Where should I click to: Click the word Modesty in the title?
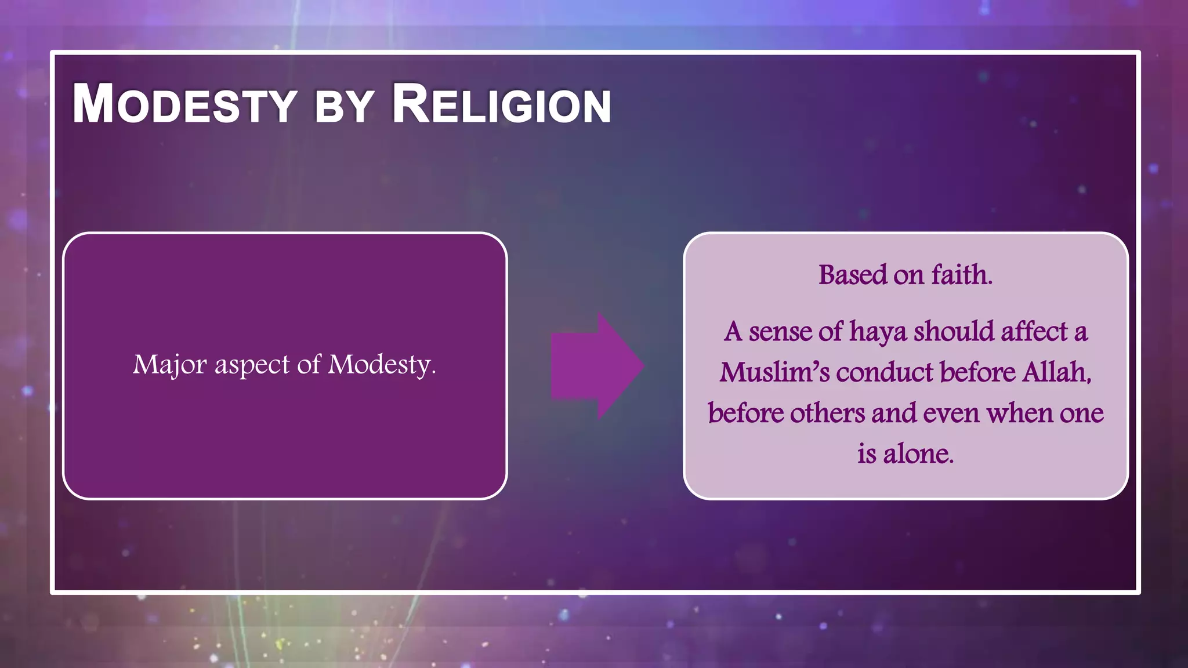[x=184, y=104]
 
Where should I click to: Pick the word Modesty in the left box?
[x=381, y=365]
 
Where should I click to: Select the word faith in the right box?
[x=962, y=275]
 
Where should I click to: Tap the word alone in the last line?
[x=918, y=453]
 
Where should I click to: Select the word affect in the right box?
[x=1034, y=332]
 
